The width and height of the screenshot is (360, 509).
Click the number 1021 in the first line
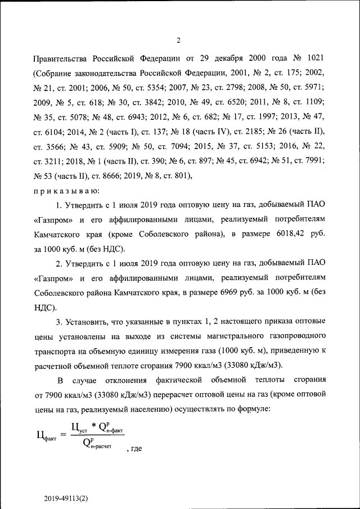pos(312,58)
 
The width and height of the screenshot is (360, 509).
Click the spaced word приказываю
pos(66,191)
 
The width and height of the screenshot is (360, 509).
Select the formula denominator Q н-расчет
pos(97,444)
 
